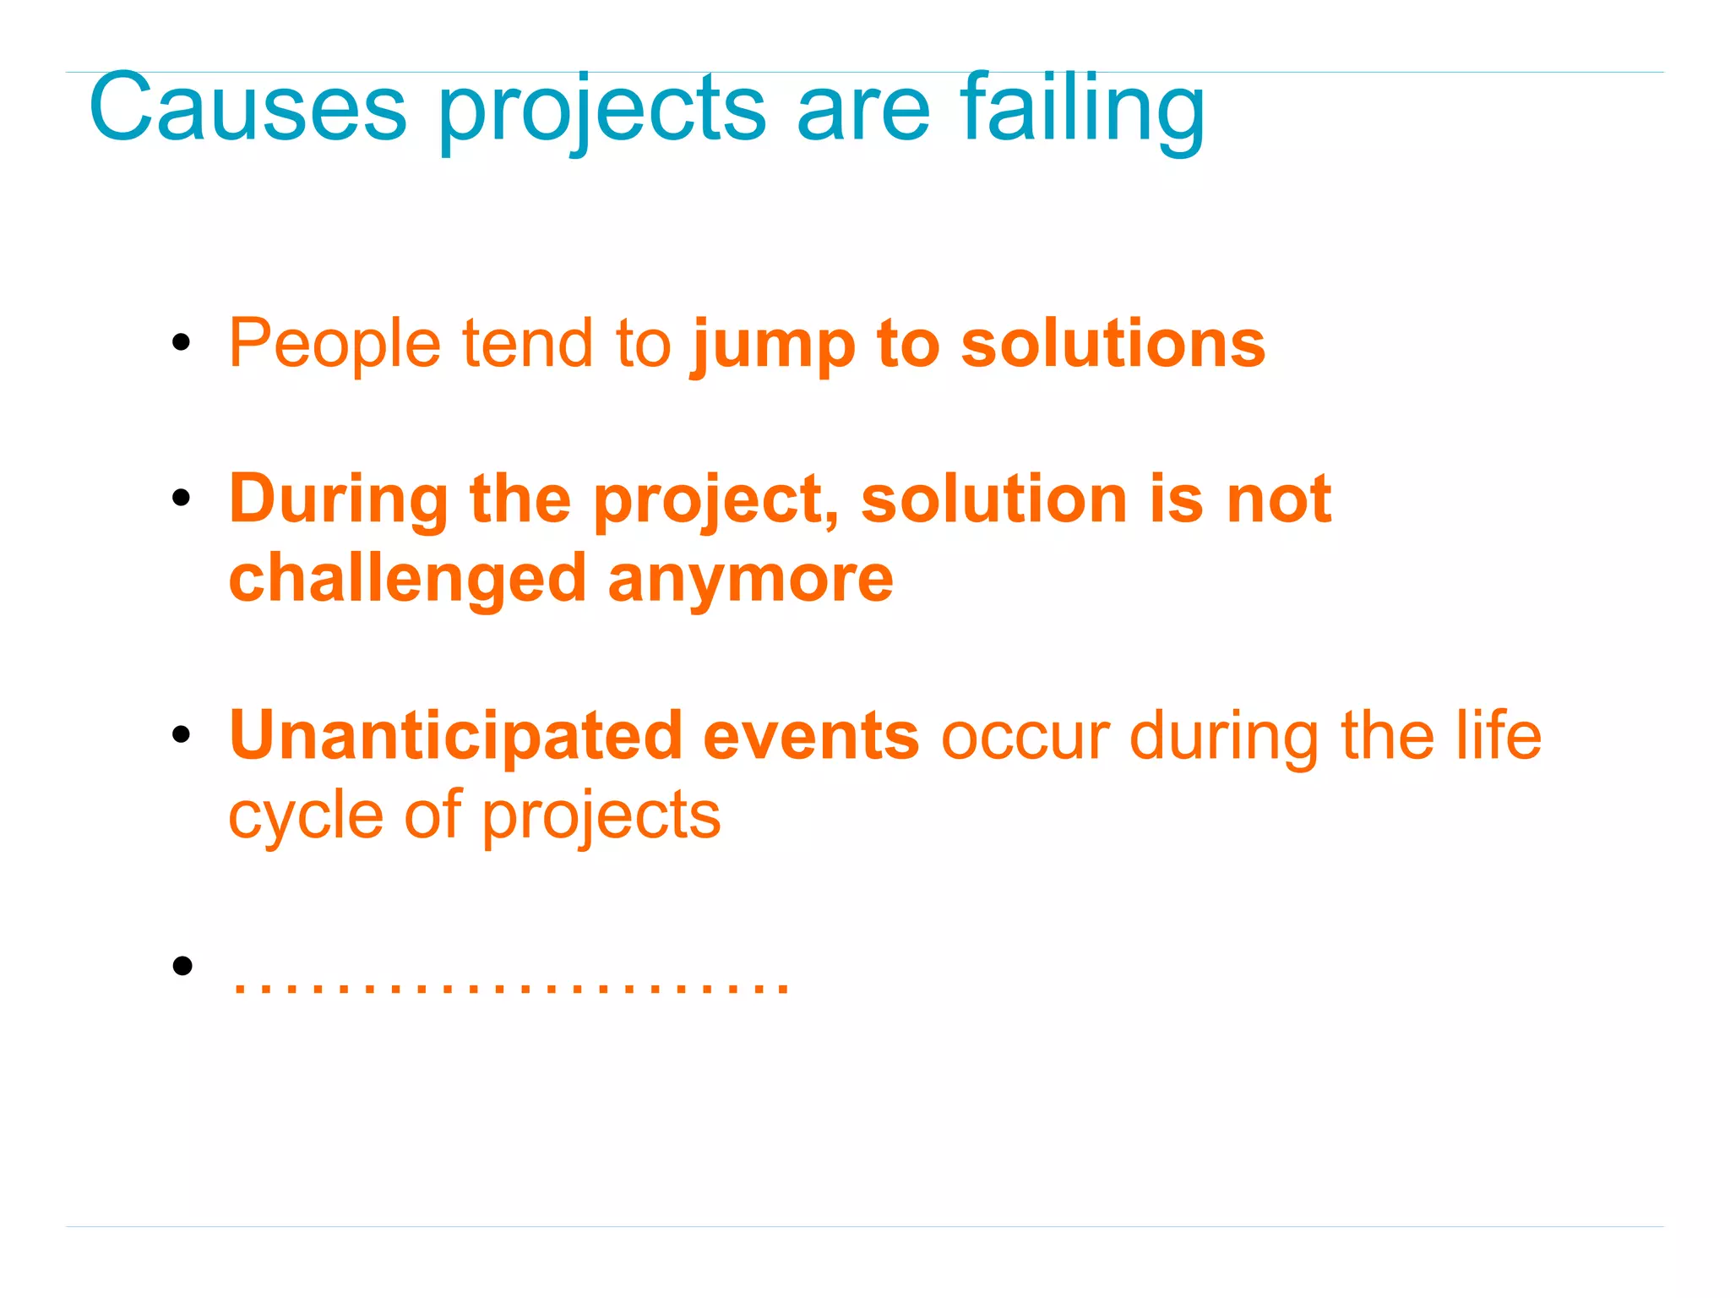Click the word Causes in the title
click(x=248, y=107)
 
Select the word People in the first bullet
click(x=335, y=343)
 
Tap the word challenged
click(x=407, y=580)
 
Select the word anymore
click(x=750, y=580)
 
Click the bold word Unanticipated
click(x=455, y=735)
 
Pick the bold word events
click(x=811, y=735)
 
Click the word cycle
click(x=306, y=815)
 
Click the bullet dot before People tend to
click(x=181, y=343)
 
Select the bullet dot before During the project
click(x=181, y=498)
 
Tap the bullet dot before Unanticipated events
click(x=181, y=734)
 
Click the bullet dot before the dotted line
click(x=181, y=965)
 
